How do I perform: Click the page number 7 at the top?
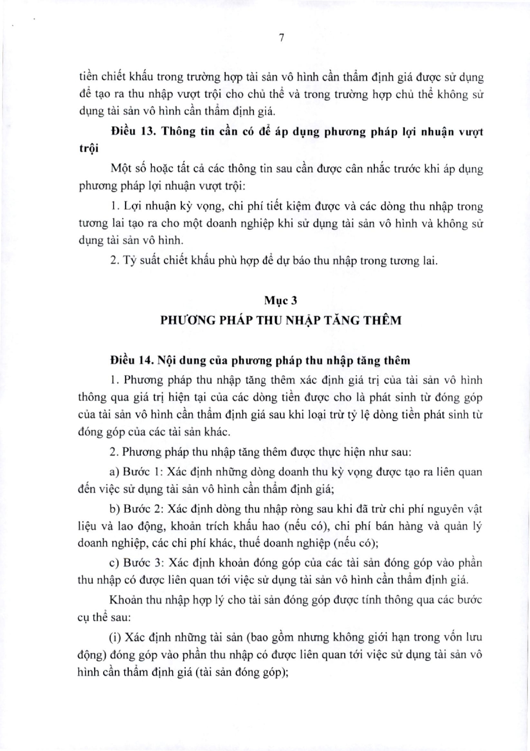(x=281, y=38)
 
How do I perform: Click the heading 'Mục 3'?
(x=281, y=301)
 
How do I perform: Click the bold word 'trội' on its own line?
(x=89, y=149)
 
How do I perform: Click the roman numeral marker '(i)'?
(x=116, y=637)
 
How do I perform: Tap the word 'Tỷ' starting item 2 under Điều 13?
(x=130, y=261)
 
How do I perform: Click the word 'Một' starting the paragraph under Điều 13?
(x=121, y=169)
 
